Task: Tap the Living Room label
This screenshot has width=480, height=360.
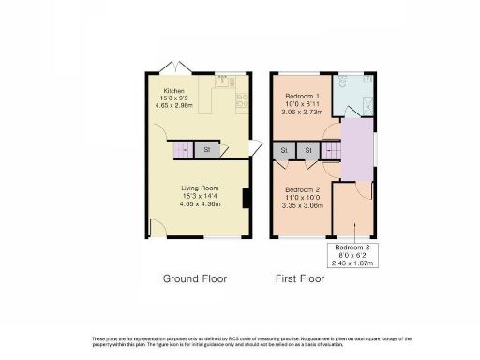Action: (x=200, y=187)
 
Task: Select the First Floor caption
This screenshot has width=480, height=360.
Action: (x=299, y=278)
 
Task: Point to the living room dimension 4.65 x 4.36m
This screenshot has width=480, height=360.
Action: (x=200, y=203)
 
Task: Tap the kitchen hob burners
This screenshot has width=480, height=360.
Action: (x=240, y=98)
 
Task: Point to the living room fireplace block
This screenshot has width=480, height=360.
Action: (x=245, y=198)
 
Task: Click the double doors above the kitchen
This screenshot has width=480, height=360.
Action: (x=172, y=67)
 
